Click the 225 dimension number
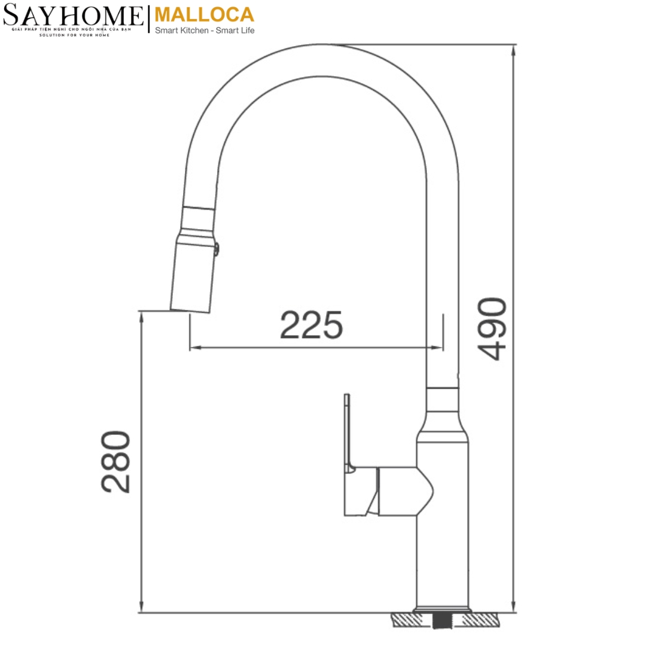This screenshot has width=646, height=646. (312, 325)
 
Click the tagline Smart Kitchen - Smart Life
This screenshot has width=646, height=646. (205, 31)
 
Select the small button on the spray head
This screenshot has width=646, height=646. (218, 248)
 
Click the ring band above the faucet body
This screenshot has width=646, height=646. (443, 400)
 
